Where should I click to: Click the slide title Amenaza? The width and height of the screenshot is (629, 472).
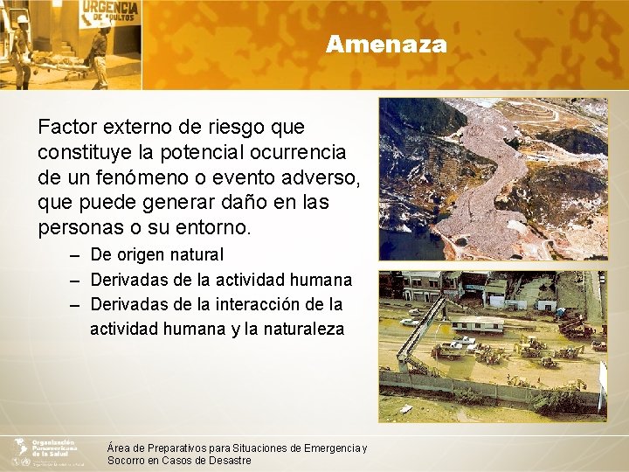point(385,45)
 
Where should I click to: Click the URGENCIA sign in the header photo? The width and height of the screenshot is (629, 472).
point(109,12)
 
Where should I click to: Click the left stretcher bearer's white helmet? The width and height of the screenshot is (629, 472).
point(23,19)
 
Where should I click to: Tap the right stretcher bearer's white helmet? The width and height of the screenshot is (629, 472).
point(104,28)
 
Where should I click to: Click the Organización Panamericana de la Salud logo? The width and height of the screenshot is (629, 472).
point(44,451)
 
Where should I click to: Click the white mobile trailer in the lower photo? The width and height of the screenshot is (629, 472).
point(476,325)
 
